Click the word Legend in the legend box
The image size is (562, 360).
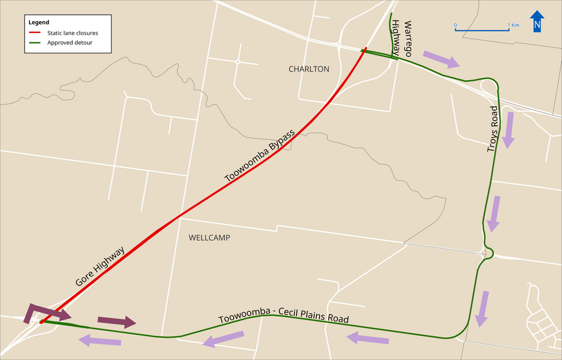coord(39,22)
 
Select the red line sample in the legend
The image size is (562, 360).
coord(35,33)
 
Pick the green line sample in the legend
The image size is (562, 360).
coord(35,43)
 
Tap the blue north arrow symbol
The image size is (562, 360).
coord(537,22)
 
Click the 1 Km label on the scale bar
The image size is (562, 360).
coord(513,25)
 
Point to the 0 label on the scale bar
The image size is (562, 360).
coord(455,25)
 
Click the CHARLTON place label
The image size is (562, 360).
coord(309,69)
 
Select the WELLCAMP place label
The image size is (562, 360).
coord(209,238)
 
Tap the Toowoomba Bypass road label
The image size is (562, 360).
coord(260,156)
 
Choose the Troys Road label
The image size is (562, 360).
coord(493,129)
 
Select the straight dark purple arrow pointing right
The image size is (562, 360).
coord(117,322)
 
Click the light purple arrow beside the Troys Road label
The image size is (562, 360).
coord(509,130)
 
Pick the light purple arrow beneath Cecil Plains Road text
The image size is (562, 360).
coord(223,340)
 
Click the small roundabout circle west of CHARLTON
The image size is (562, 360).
coord(238,61)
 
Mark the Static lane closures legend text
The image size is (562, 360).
coord(72,33)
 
